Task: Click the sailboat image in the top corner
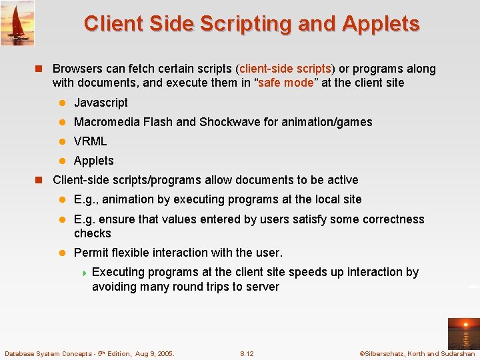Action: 17,23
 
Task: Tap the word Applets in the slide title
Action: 381,24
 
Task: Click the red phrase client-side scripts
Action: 286,69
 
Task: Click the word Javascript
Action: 101,103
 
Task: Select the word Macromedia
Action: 106,122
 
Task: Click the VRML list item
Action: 90,141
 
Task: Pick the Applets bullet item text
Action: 93,161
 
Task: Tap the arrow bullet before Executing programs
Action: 85,273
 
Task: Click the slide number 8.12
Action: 247,353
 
